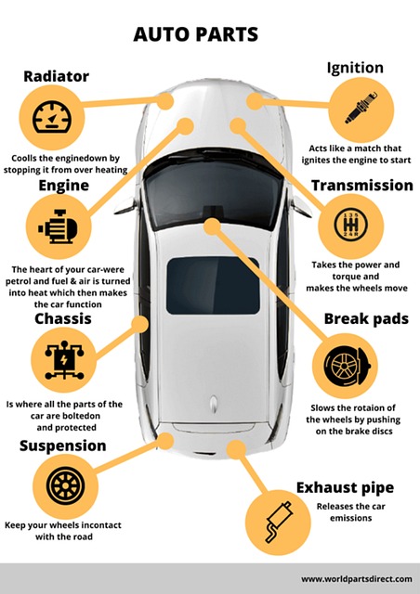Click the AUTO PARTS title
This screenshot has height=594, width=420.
coord(196,34)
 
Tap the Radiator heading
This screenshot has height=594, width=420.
coord(56,76)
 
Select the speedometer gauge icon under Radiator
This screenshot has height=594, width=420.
coord(52,117)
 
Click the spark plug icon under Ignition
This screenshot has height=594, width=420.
coord(361,108)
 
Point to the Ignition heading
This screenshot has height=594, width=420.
coord(355,68)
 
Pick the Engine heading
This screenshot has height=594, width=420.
coord(64,186)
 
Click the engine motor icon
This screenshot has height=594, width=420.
coord(58,226)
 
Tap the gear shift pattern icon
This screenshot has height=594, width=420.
coord(351,225)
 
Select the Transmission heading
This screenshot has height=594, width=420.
coord(362,186)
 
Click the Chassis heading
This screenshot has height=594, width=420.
coord(63,318)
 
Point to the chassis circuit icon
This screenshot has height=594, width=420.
coord(64,360)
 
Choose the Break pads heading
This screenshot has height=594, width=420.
coord(366,318)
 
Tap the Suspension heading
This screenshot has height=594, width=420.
coord(62,445)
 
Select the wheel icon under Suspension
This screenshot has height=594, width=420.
coord(65,486)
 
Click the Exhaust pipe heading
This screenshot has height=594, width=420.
coord(345,487)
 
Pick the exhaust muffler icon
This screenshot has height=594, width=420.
coord(279,522)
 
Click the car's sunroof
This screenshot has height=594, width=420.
coord(213,286)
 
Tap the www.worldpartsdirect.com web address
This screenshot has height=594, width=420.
coord(357,579)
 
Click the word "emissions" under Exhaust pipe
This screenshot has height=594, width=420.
coord(350,518)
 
